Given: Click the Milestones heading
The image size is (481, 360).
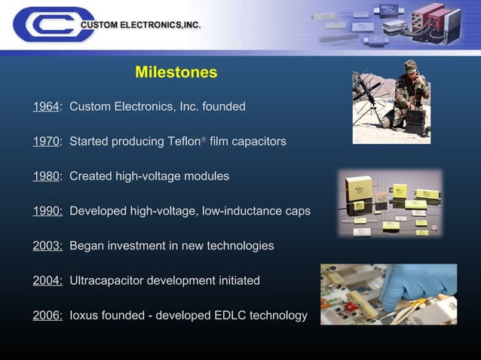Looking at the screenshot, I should tap(176, 72).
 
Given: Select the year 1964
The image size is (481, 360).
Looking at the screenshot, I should tap(45, 106).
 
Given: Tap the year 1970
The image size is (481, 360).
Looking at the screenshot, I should tap(45, 142).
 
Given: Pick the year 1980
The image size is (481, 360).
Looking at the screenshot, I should tap(45, 176).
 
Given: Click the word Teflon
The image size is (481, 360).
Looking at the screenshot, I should tap(185, 142).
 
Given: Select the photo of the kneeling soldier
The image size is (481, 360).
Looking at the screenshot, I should tap(391, 102).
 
